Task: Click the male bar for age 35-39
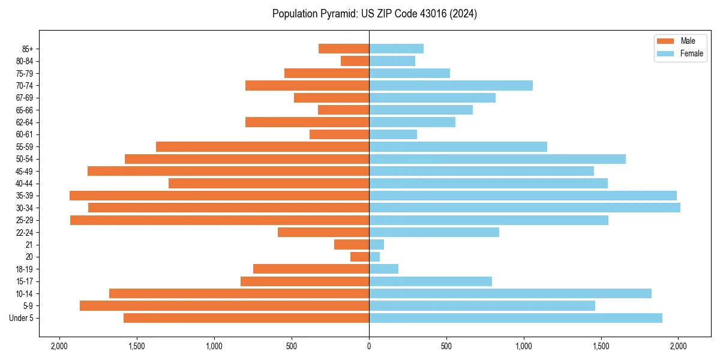click(x=219, y=196)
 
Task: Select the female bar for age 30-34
click(x=524, y=208)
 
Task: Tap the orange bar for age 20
click(x=359, y=257)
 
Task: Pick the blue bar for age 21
click(x=376, y=245)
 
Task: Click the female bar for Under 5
click(x=515, y=318)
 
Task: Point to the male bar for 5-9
click(x=224, y=306)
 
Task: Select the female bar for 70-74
click(x=451, y=85)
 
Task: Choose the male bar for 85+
click(x=344, y=49)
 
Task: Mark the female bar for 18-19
click(x=383, y=269)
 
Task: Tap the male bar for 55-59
click(x=262, y=146)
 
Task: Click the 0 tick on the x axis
click(x=369, y=347)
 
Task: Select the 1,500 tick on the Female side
click(x=601, y=347)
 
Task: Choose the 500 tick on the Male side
click(x=292, y=347)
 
